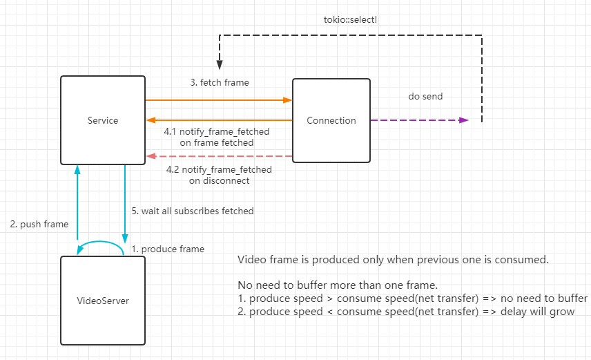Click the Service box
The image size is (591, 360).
point(103,120)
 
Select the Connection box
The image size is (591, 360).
point(331,120)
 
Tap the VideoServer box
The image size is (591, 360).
point(103,301)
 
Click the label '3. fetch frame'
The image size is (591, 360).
point(220,82)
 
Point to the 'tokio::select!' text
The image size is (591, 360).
point(349,19)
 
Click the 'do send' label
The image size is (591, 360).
point(425,97)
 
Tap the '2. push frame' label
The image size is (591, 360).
point(39,224)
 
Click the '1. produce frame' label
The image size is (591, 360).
point(168,249)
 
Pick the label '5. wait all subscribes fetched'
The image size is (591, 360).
point(193,211)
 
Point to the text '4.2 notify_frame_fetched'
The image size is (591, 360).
point(219,169)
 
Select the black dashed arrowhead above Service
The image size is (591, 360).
point(219,64)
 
